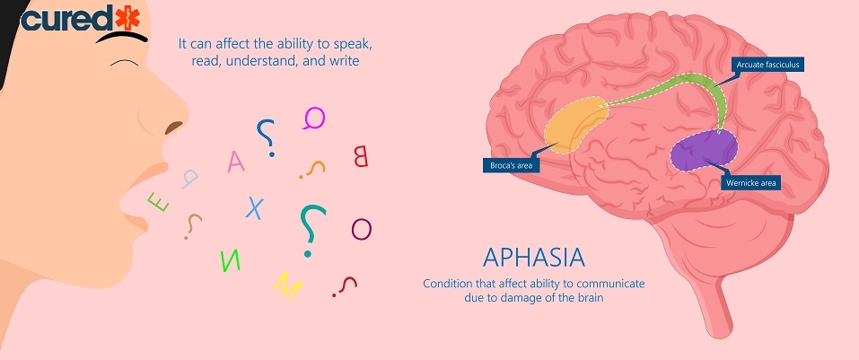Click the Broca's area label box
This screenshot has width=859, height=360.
tap(511, 165)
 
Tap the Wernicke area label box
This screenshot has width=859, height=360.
tap(750, 183)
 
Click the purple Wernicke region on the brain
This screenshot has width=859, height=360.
tap(705, 150)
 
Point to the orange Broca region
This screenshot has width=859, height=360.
tap(574, 125)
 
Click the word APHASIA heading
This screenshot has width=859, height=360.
tap(534, 258)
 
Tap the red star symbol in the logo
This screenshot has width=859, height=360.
tap(127, 17)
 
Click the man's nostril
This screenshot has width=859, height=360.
tap(173, 127)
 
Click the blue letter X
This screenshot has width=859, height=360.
tap(255, 208)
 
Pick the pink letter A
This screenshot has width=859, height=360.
tap(236, 161)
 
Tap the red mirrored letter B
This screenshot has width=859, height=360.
tap(361, 156)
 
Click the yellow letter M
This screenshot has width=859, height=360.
tap(288, 285)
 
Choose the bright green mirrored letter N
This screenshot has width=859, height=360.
tap(230, 261)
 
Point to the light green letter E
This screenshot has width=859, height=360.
tap(158, 202)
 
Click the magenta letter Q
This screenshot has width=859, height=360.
tap(314, 118)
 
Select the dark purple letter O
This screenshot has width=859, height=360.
tap(362, 229)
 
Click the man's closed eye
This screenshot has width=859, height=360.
tap(125, 63)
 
